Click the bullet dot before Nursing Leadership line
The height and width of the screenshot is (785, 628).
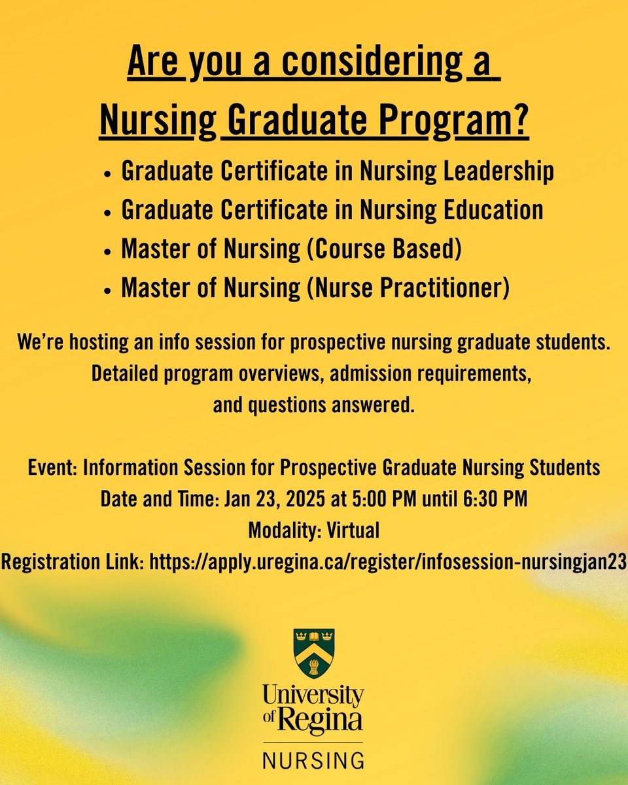coord(107,173)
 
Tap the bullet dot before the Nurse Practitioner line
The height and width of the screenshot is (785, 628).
coord(107,290)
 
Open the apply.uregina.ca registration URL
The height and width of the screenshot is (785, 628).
coord(389,562)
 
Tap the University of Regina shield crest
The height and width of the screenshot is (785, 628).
coord(314,654)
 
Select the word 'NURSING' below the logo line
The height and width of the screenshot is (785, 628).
coord(314,761)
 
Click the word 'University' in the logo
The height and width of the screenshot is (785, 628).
coord(313,695)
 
